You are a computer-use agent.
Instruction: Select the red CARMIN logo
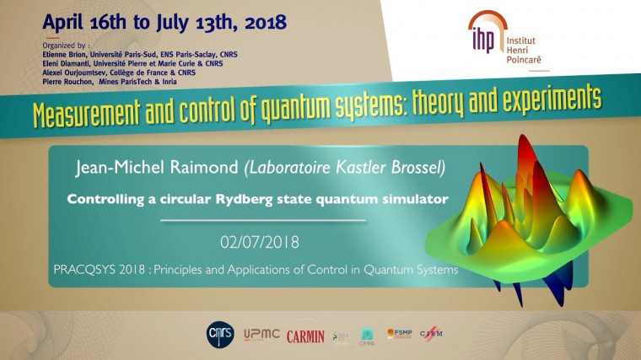305,336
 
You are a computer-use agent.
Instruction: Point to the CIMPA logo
368,336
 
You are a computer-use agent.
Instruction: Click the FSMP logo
399,334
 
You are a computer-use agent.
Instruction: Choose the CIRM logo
430,335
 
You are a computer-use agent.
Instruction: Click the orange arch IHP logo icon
482,31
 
